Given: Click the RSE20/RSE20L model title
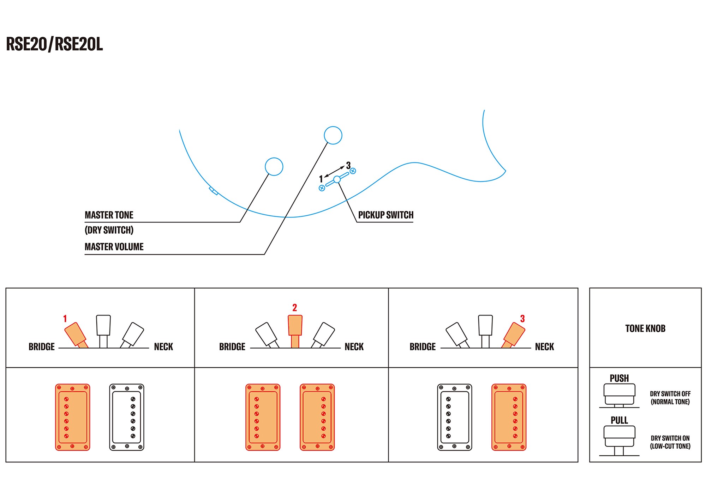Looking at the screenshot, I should pos(54,44).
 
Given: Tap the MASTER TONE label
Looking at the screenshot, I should pos(109,215).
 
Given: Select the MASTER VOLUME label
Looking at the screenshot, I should pos(114,247).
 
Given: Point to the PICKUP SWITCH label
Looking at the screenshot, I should pos(385,215).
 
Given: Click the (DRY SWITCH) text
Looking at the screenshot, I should pos(109,230).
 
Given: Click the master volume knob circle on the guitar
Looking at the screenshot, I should pos(333,135).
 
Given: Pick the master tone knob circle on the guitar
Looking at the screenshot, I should pos(274,166).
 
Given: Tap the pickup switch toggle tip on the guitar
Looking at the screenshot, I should pos(337,179).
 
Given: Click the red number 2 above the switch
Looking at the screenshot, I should pos(295,308).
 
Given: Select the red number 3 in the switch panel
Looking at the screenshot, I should pos(522,319).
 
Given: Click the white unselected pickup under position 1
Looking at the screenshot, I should pos(127,417).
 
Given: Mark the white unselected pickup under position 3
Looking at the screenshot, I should pos(455,417).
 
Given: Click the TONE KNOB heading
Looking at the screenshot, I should pos(645,328).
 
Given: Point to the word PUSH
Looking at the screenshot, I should pos(619,378).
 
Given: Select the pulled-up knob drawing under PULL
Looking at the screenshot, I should pos(619,440).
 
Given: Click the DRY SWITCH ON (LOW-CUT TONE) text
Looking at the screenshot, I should pos(670,442).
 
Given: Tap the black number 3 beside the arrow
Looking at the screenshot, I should pos(348,165).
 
